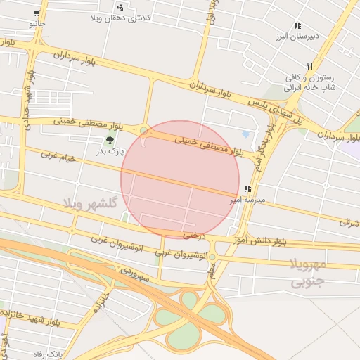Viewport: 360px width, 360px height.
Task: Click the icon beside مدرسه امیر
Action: click(x=247, y=189)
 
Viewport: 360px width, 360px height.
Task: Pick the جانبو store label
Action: click(x=36, y=23)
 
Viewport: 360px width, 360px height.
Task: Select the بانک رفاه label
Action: click(x=52, y=354)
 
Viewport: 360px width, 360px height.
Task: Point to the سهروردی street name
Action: click(x=134, y=274)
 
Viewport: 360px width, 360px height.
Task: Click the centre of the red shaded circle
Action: click(x=180, y=179)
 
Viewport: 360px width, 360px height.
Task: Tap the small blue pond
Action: click(x=245, y=134)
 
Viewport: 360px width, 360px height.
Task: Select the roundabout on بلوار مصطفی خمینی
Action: click(x=144, y=131)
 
